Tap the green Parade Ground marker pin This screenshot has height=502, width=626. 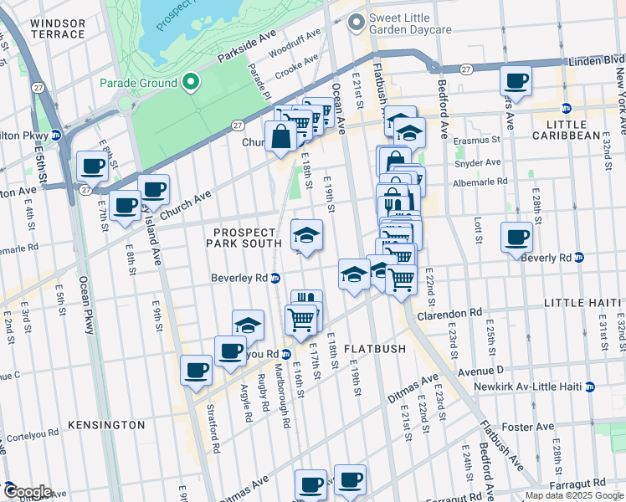coord(191,82)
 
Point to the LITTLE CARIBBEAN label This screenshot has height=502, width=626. coord(572,129)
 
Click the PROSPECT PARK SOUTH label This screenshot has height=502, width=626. coord(244,238)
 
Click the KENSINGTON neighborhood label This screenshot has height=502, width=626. coord(106,425)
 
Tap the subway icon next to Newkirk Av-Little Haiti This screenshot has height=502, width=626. coord(590,387)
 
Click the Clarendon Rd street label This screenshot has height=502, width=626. coord(453,312)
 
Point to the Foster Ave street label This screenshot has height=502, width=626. coord(528,427)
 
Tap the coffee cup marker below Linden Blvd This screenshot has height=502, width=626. coord(516,82)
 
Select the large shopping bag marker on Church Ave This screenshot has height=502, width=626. coord(280,136)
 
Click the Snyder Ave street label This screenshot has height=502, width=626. coord(477,162)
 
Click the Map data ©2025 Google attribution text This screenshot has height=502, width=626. coord(574,495)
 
